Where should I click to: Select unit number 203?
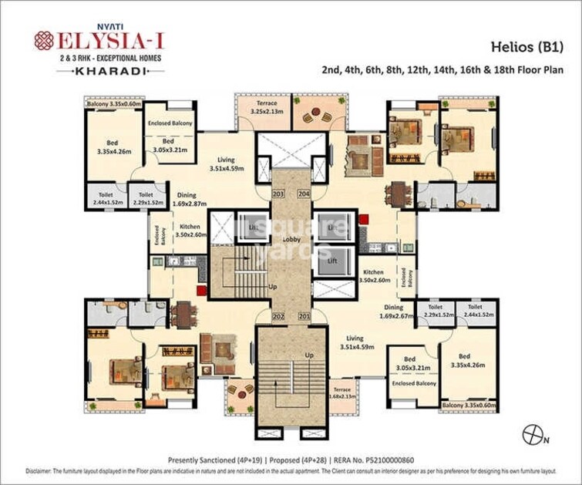coord(278,194)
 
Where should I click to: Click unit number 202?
coord(278,316)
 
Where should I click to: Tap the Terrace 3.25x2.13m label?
coord(267,107)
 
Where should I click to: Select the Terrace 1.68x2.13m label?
coord(341,394)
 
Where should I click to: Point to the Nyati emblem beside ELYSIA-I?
coord(44,40)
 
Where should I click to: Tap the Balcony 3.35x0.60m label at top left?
coord(113,103)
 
